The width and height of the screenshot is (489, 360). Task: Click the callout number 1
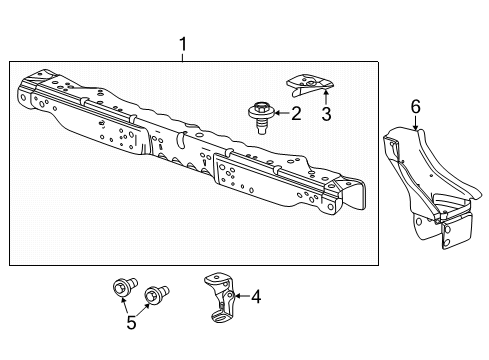[183, 44]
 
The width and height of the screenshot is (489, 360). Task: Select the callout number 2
[295, 113]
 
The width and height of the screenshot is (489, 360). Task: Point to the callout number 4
[256, 296]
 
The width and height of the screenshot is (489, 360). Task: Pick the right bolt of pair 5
[155, 296]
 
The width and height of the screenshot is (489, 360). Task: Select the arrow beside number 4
[240, 296]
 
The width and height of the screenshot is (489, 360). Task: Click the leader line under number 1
[183, 56]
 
